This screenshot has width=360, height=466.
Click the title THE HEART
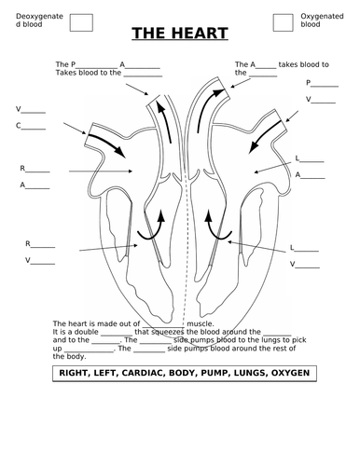pos(180,34)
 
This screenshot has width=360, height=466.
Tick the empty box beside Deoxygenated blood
pos(81,22)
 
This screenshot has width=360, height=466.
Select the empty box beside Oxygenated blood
pos(283,22)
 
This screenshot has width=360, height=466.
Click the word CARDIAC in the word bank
pos(143,373)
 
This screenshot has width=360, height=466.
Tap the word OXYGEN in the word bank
pos(290,373)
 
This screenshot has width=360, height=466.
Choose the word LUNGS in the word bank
pos(246,373)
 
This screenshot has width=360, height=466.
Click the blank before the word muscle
pos(163,327)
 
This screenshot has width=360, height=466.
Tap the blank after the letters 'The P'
pos(97,68)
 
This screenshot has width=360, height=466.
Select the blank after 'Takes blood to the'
pos(143,75)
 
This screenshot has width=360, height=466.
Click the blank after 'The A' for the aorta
pos(266,68)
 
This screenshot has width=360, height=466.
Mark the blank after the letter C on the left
pos(33,129)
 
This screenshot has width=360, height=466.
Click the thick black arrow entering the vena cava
pos(107,145)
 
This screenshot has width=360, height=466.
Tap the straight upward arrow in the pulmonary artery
pos(164,122)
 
